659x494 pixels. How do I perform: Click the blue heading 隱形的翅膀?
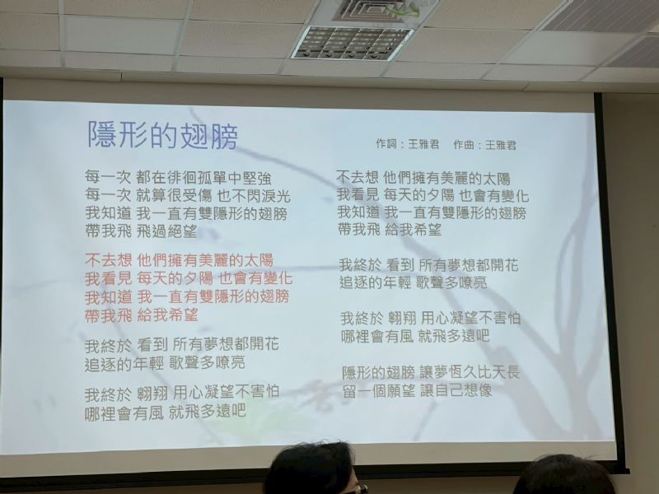[x=162, y=135]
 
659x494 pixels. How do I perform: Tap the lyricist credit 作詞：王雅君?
[x=407, y=144]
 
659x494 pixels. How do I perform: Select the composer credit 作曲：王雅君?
[x=484, y=145]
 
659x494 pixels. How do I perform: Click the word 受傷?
[x=199, y=196]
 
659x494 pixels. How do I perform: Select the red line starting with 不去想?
[x=180, y=260]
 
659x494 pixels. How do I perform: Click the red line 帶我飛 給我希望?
[x=141, y=315]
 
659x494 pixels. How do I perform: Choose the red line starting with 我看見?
[x=189, y=278]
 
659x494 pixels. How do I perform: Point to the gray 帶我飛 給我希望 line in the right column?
[x=390, y=230]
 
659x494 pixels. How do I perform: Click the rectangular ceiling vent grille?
[x=353, y=43]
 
